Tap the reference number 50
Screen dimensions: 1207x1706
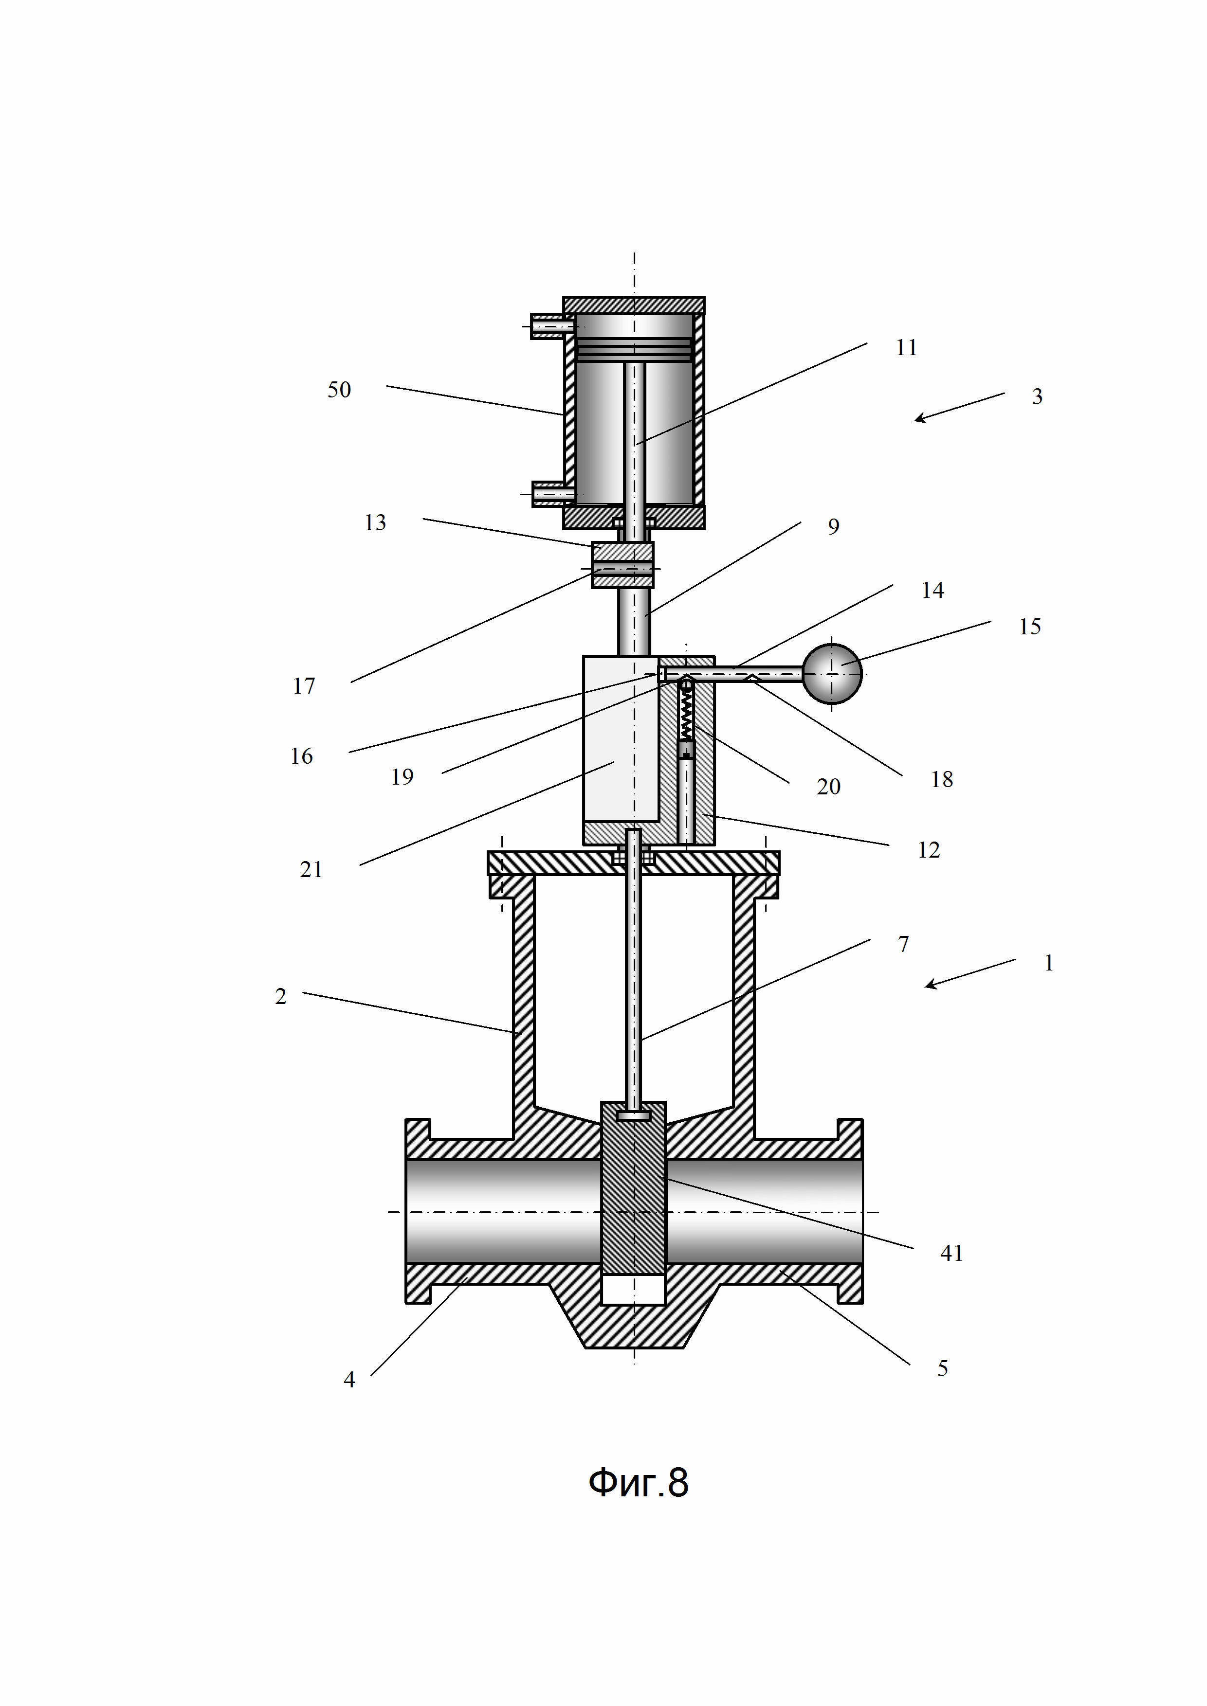pyautogui.click(x=339, y=389)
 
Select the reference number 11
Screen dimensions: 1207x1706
pyautogui.click(x=906, y=348)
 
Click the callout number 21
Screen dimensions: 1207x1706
pyautogui.click(x=311, y=869)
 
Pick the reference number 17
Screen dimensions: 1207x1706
pyautogui.click(x=303, y=686)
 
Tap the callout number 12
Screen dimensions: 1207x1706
pyautogui.click(x=928, y=850)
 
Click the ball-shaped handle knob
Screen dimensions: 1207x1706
pyautogui.click(x=832, y=674)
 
